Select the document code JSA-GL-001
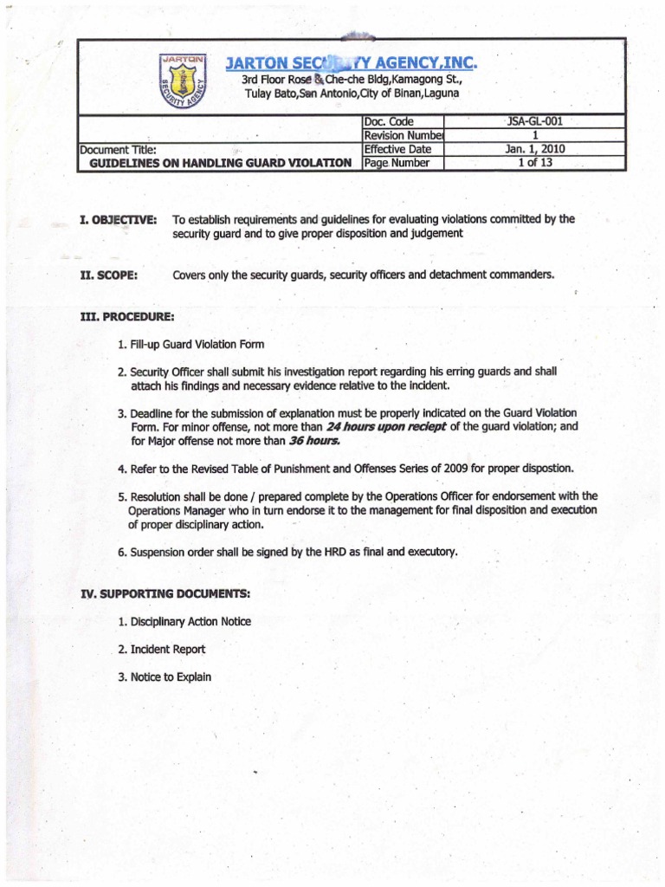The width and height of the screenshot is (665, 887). click(534, 122)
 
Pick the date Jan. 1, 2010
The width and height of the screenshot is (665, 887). click(534, 149)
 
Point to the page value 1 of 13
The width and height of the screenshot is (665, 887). click(534, 162)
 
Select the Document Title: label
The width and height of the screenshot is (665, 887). click(118, 150)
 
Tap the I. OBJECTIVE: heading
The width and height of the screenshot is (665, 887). click(118, 220)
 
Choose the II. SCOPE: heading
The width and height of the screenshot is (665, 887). click(109, 275)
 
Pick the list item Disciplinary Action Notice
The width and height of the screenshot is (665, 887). click(190, 622)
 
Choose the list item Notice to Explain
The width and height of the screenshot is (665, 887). click(170, 677)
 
